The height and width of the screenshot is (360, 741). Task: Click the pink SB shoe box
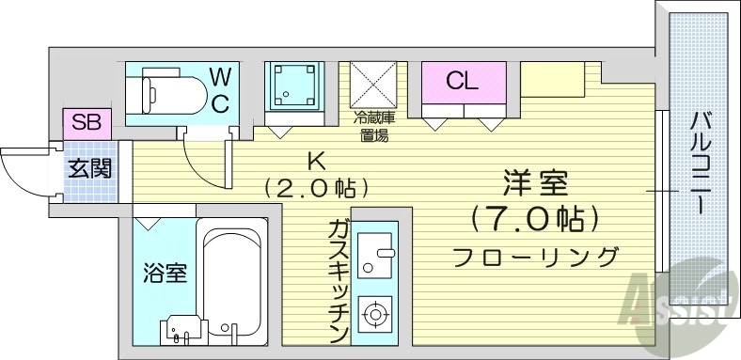click(87, 123)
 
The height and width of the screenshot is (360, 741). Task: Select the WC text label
click(219, 90)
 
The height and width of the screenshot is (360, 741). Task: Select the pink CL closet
click(462, 82)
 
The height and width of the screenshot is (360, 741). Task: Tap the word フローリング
click(535, 256)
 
